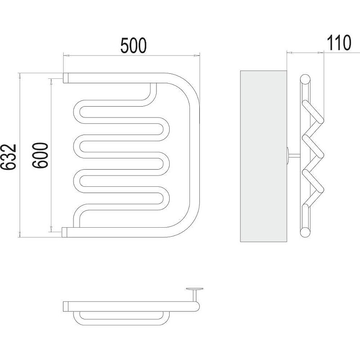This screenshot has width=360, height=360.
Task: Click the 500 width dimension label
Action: (x=133, y=45)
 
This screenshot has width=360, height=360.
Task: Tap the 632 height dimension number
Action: (x=9, y=157)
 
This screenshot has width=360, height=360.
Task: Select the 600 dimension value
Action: (x=40, y=155)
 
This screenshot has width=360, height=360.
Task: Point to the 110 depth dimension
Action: (x=339, y=43)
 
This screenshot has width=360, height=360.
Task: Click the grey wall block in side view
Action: (x=263, y=156)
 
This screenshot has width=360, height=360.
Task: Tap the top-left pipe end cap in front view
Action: (x=66, y=78)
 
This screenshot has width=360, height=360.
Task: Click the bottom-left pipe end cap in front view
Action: (x=64, y=232)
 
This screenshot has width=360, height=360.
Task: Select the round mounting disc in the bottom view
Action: (x=194, y=289)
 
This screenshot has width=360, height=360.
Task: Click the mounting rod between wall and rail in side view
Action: (x=294, y=156)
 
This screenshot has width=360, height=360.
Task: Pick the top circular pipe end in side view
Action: (x=306, y=80)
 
